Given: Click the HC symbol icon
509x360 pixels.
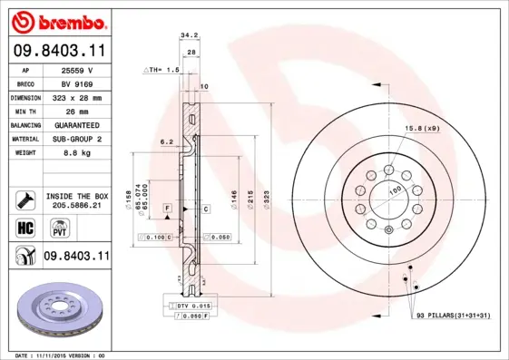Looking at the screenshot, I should click(24, 227).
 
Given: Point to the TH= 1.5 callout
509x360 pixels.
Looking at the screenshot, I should click(162, 69).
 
